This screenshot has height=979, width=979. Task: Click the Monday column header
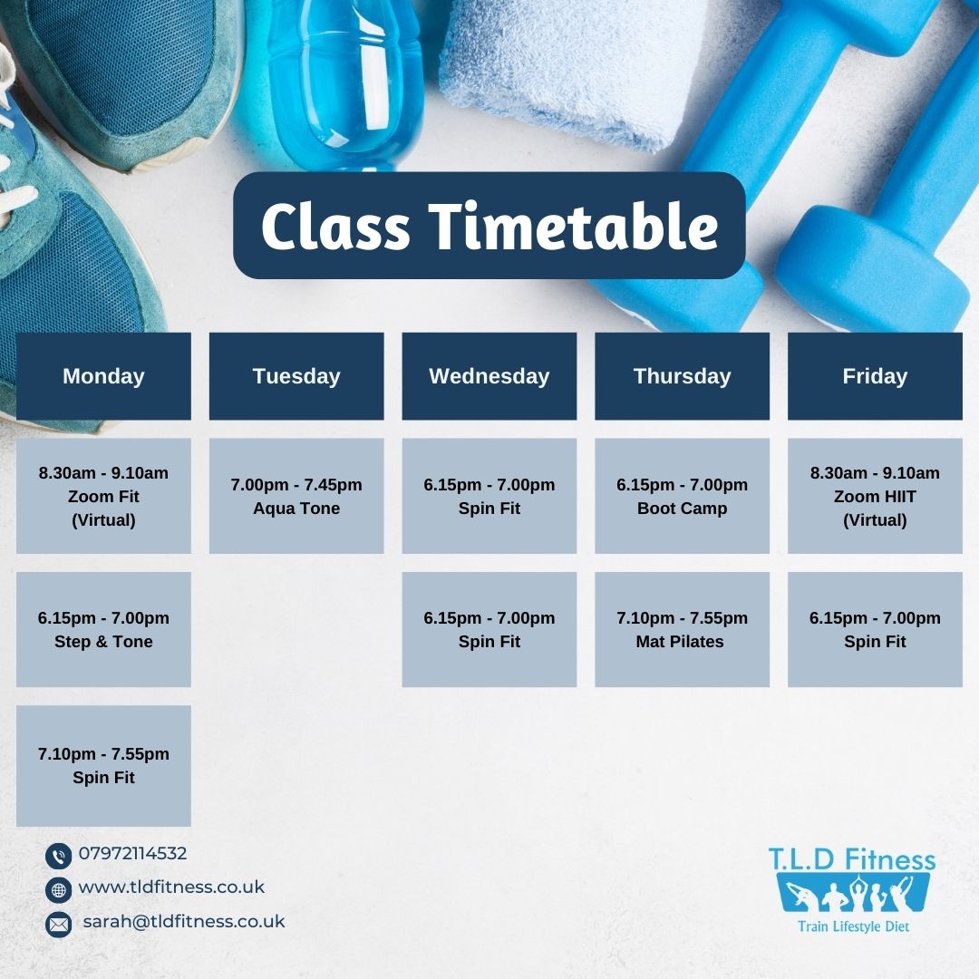tap(103, 376)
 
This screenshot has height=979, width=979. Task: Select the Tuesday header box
tap(296, 376)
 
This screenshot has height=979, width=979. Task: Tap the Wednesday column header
tap(489, 376)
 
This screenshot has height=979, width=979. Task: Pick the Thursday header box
tap(683, 376)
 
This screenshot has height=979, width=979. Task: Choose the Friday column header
tap(876, 376)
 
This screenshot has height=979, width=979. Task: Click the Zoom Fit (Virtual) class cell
tap(103, 496)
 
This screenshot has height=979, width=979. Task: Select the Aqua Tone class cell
tap(296, 496)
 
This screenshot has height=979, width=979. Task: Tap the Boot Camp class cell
tap(683, 496)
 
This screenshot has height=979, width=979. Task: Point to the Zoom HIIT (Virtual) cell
tap(876, 496)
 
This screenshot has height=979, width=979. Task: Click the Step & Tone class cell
tap(103, 629)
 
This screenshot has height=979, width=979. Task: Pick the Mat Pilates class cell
tap(683, 629)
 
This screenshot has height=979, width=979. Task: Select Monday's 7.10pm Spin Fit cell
tap(103, 765)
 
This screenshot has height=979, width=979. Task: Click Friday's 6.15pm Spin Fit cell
tap(876, 629)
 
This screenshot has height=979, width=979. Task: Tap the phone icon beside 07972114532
tap(59, 856)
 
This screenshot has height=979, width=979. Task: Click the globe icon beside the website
tap(59, 890)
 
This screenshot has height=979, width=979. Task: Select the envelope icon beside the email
tap(59, 924)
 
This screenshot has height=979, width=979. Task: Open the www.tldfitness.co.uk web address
tap(171, 887)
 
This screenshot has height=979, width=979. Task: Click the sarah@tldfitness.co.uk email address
tap(183, 922)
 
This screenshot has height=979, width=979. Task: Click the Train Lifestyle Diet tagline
tap(854, 926)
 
